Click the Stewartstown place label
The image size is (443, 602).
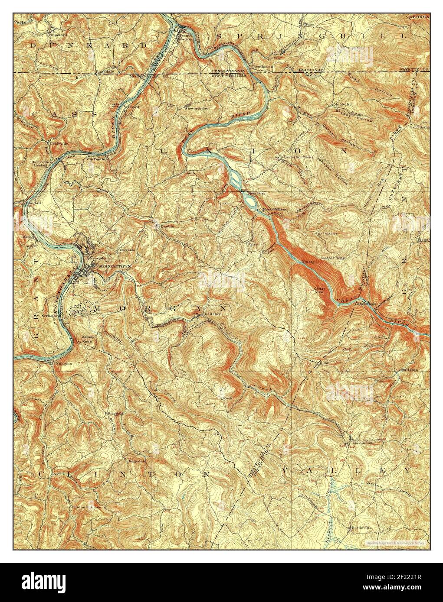[197, 108]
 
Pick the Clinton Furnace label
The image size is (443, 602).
[86, 506]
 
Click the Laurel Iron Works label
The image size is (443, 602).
[302, 157]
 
